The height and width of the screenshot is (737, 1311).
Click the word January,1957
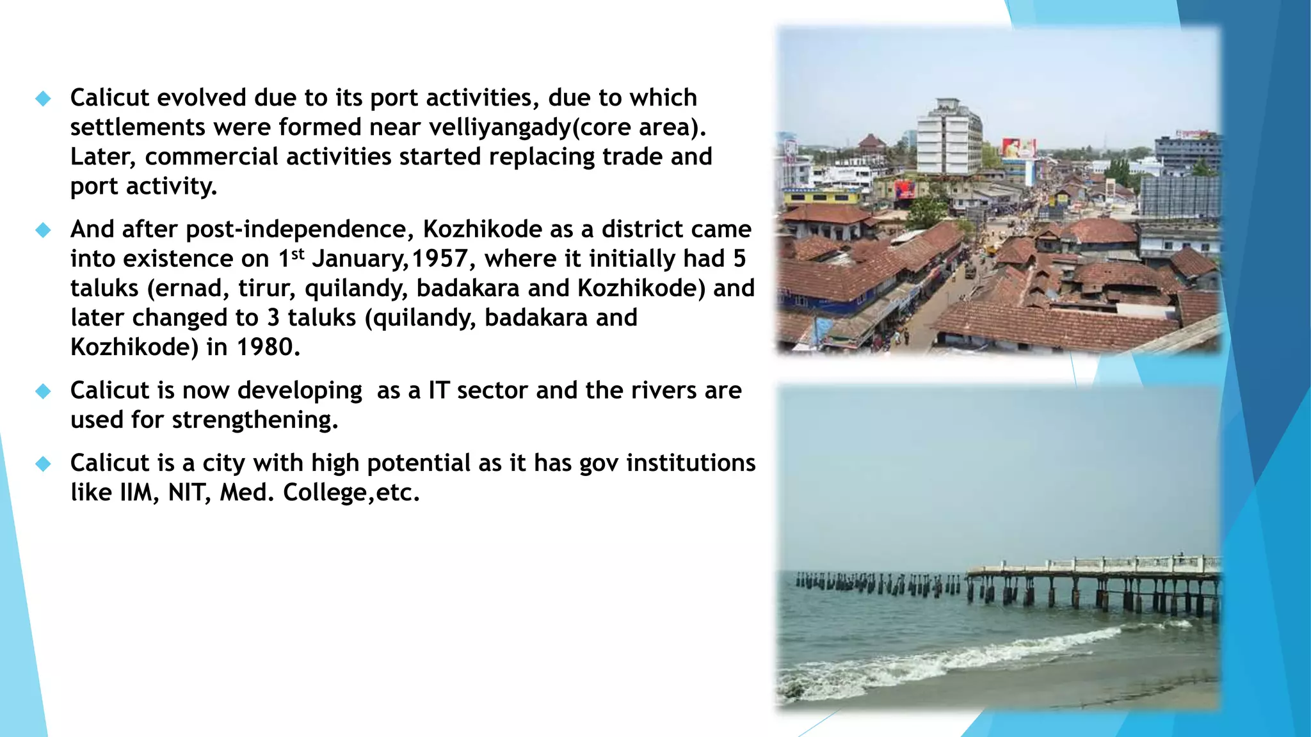pyautogui.click(x=390, y=259)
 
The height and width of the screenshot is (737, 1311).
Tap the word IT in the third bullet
pyautogui.click(x=439, y=390)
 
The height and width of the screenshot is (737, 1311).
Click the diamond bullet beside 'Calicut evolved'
pyautogui.click(x=43, y=98)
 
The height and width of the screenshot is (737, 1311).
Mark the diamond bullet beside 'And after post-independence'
pyautogui.click(x=43, y=230)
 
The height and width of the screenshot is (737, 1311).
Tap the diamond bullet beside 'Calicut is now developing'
pyautogui.click(x=43, y=391)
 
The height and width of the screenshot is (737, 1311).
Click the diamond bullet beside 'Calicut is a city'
pyautogui.click(x=43, y=463)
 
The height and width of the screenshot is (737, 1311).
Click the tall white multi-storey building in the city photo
pyautogui.click(x=948, y=138)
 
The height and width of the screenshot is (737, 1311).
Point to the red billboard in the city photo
pyautogui.click(x=1018, y=148)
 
